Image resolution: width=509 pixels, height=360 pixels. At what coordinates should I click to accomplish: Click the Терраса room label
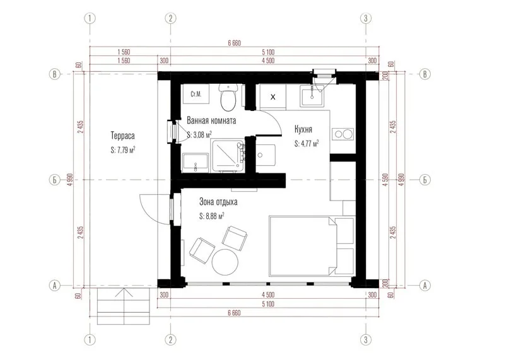[x=123, y=136]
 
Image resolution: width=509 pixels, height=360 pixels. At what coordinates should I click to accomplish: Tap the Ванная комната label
[x=211, y=121]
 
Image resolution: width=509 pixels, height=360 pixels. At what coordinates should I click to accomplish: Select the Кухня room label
[x=303, y=129]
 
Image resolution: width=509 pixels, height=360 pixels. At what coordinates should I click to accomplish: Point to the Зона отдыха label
[x=218, y=202]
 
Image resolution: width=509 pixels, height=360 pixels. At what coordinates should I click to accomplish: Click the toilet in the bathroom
[x=228, y=97]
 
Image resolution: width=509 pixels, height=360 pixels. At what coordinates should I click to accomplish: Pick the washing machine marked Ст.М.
[x=196, y=94]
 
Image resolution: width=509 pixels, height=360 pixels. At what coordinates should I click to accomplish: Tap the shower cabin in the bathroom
[x=227, y=156]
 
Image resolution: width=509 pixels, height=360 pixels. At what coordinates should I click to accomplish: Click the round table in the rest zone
[x=225, y=262]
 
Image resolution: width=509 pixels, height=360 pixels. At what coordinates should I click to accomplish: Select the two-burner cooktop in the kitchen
[x=342, y=134]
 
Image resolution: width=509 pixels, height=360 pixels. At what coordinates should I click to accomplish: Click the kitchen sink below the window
[x=312, y=96]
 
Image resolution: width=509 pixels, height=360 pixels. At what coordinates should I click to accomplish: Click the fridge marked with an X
[x=272, y=96]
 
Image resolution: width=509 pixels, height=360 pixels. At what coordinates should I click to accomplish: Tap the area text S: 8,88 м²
[x=212, y=216]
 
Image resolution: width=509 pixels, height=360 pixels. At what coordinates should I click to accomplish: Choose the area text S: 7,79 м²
[x=123, y=150]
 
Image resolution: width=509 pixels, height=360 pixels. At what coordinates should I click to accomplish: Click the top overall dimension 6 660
[x=235, y=43]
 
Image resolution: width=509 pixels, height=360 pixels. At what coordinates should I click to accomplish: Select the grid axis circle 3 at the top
[x=366, y=18]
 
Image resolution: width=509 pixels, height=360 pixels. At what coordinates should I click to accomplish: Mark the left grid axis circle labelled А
[x=54, y=286]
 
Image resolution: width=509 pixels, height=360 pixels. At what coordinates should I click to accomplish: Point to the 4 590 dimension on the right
[x=385, y=180]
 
